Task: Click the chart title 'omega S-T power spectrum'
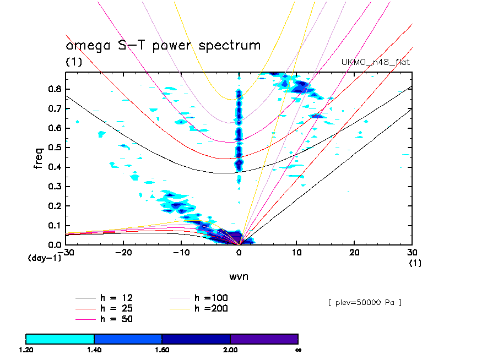click(163, 45)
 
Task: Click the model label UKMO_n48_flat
click(376, 62)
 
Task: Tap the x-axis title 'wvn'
click(239, 276)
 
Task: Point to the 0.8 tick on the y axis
click(54, 89)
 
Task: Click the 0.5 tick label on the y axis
click(54, 148)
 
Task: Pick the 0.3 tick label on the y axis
click(54, 187)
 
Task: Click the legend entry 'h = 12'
click(116, 298)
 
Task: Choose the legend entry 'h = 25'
click(116, 308)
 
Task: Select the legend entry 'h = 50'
click(116, 319)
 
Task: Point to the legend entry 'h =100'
click(212, 298)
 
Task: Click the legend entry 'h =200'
click(212, 308)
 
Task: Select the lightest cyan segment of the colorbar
click(60, 339)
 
